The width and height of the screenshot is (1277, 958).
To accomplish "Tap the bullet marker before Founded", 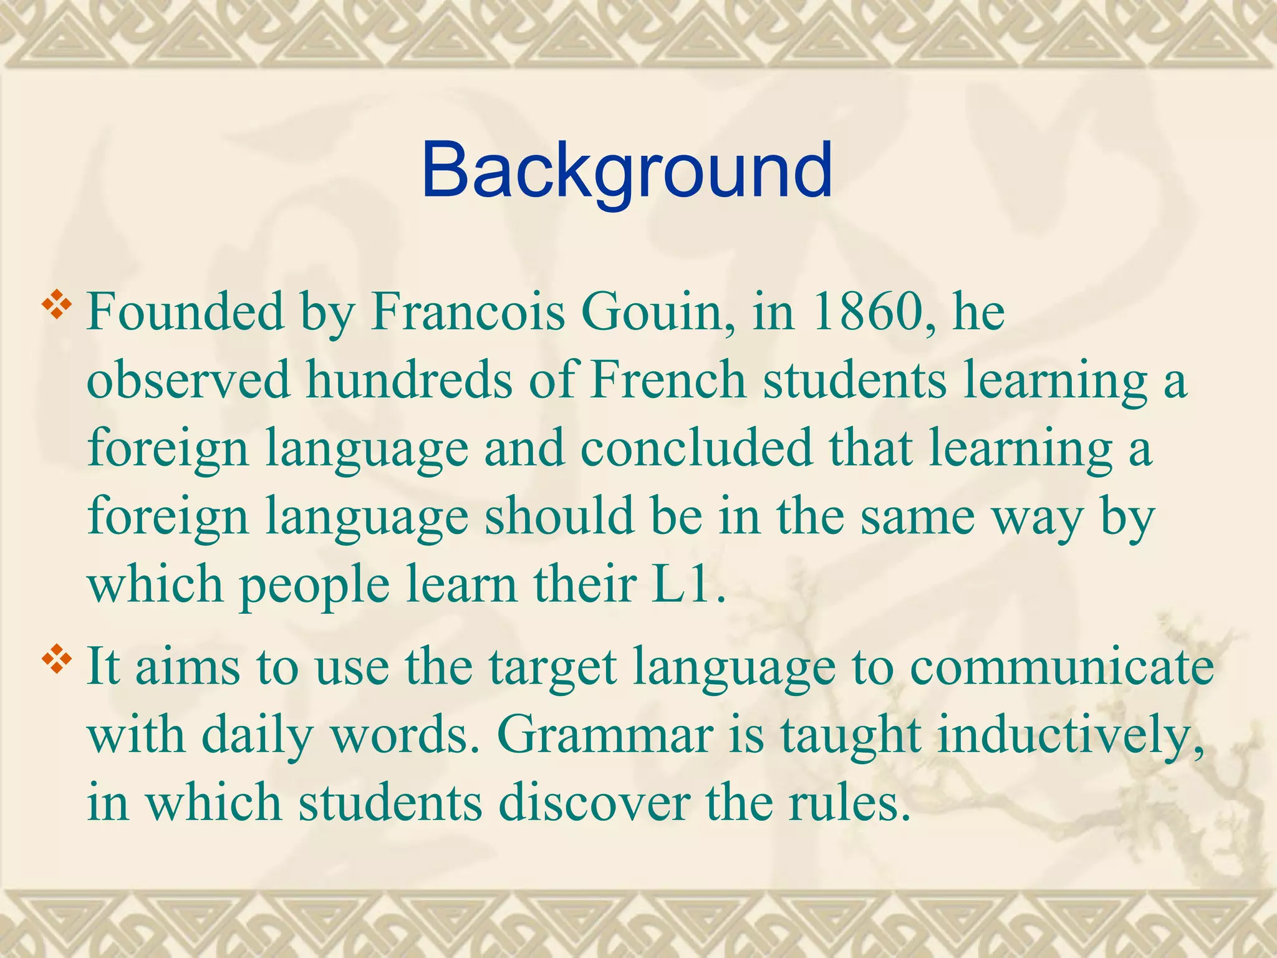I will [57, 305].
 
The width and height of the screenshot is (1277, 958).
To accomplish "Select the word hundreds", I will [409, 380].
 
